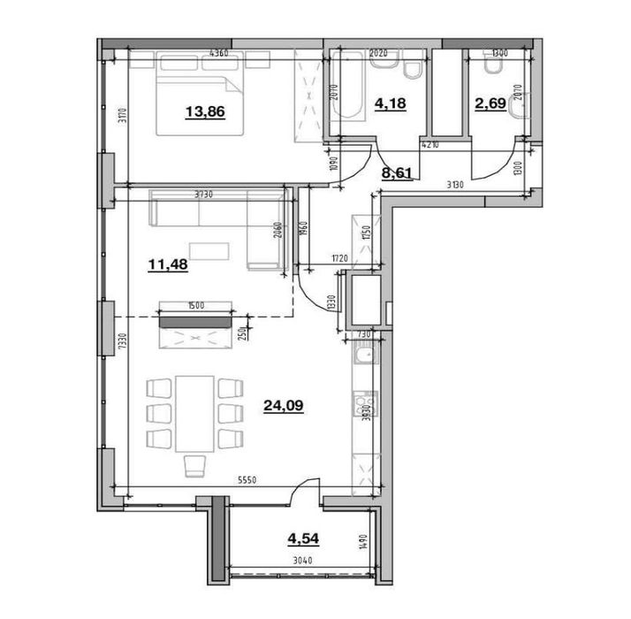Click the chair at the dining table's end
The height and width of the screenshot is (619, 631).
pyautogui.click(x=195, y=465)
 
